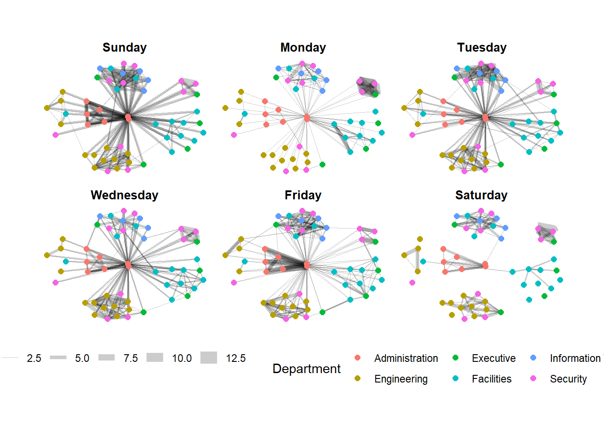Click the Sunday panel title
coord(124,48)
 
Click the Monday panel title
coord(303,48)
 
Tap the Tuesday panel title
coord(482,48)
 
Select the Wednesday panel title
coord(124,195)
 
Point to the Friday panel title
coord(303,195)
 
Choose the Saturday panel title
coord(481,195)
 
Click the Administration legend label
coord(406,358)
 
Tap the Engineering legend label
coord(401,379)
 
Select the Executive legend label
coord(493,358)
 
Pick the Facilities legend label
coord(491,379)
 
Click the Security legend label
coord(568,379)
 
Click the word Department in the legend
coord(306,369)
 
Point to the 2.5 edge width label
coord(34,358)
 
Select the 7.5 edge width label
coord(131,358)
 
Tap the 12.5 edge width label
coord(235,358)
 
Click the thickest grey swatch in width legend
coord(209,358)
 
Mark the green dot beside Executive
coord(455,358)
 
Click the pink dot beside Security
coord(533,378)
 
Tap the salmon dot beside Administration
coord(357,358)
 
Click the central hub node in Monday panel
coord(307,118)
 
